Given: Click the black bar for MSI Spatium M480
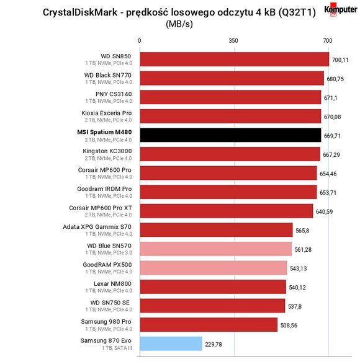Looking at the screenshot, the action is [230, 135].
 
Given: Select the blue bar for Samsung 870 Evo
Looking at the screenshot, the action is [171, 344].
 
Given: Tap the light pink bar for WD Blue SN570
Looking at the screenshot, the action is [215, 249].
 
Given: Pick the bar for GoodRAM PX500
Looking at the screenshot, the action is [214, 268].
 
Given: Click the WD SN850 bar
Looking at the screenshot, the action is [235, 59].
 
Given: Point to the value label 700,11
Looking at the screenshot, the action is [340, 60].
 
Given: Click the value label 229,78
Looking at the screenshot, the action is [214, 345].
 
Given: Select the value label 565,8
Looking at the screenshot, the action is [302, 231].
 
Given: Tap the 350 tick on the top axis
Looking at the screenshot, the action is [233, 41].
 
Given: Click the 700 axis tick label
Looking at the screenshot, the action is [328, 41].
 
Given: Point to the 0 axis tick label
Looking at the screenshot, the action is [139, 41].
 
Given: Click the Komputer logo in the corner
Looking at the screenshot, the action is [341, 9].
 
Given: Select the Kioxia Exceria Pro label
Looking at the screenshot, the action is [106, 113].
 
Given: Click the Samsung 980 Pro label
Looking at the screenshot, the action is [106, 322].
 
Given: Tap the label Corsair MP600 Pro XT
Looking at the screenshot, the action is [101, 208].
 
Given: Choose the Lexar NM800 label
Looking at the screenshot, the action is [112, 283].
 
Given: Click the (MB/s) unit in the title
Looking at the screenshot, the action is [179, 24].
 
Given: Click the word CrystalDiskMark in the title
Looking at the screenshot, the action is [80, 12].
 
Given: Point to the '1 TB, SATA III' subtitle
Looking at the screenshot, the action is [117, 348].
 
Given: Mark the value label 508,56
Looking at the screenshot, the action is [289, 326].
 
